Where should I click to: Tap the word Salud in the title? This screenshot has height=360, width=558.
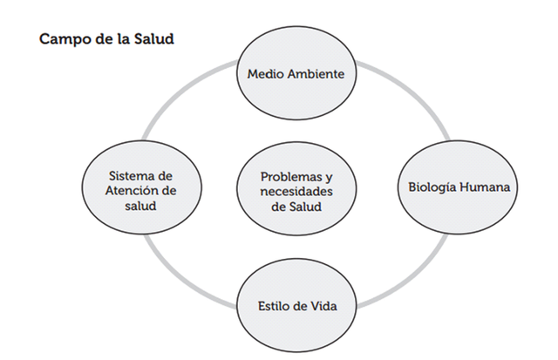(x=154, y=41)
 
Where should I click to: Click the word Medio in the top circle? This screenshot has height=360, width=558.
(x=263, y=74)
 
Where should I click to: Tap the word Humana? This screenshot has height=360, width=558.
(x=485, y=187)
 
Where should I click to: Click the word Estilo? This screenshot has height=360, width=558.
(x=267, y=306)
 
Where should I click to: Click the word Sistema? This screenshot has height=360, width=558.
(x=121, y=174)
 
